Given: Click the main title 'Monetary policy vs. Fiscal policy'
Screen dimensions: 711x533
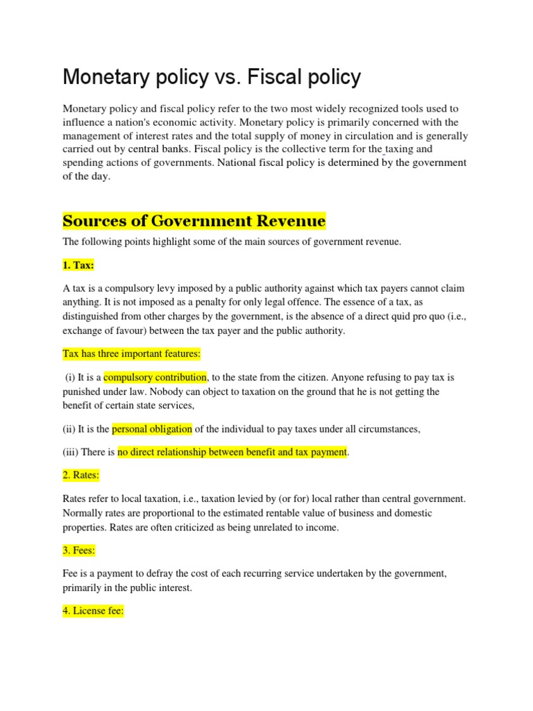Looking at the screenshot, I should [212, 78].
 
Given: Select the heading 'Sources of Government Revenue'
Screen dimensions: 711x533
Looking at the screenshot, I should [194, 221].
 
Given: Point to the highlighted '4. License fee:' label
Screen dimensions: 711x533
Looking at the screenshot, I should [93, 612].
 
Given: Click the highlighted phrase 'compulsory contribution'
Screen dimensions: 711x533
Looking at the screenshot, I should [155, 377].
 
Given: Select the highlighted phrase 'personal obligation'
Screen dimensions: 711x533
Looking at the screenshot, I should [152, 429].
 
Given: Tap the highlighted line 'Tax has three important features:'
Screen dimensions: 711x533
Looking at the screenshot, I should [131, 353].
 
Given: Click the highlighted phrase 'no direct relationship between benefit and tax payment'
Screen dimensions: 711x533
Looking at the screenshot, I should [232, 452].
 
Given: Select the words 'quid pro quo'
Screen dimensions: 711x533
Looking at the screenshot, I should [398, 317].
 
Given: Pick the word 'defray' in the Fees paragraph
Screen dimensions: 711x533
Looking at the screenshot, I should [165, 574].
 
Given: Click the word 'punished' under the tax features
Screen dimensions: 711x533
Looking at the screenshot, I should [83, 392].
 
